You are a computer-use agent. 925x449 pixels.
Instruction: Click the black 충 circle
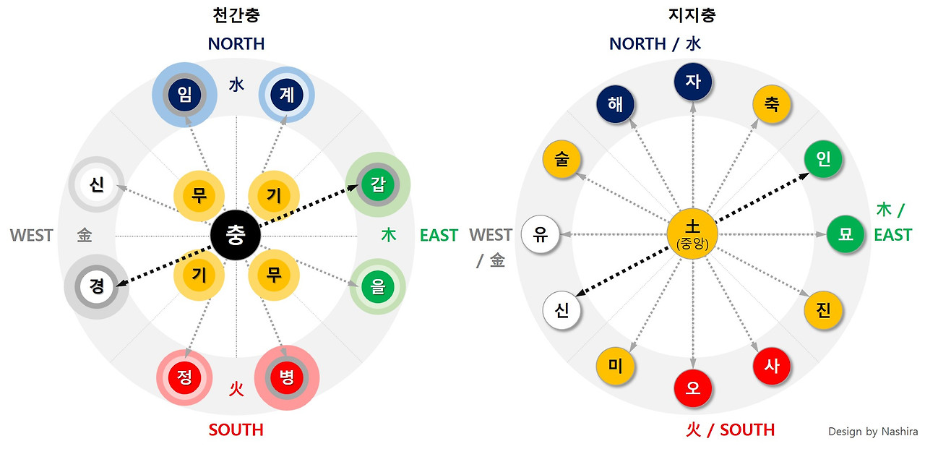(x=236, y=236)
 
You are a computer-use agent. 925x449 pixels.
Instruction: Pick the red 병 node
(x=287, y=378)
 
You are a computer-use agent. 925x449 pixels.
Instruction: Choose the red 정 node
(x=184, y=378)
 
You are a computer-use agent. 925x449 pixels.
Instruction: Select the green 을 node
(x=377, y=286)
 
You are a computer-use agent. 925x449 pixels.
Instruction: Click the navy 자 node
(x=693, y=81)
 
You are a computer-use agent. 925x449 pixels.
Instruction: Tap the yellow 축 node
(x=771, y=104)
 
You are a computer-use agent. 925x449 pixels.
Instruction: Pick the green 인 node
(x=824, y=159)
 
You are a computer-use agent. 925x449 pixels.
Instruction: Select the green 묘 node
(x=845, y=234)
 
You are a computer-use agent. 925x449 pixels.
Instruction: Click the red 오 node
(x=693, y=388)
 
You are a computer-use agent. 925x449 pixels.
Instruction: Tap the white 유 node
(x=541, y=234)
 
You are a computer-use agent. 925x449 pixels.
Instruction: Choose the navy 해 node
(x=616, y=104)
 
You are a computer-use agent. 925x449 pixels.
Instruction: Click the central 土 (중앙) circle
(x=692, y=234)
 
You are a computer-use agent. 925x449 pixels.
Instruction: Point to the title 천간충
(x=236, y=15)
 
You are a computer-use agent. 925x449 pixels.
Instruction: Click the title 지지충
(x=692, y=15)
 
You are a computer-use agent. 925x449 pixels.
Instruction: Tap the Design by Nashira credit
(x=873, y=432)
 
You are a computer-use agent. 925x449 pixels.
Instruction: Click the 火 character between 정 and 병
(x=236, y=389)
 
